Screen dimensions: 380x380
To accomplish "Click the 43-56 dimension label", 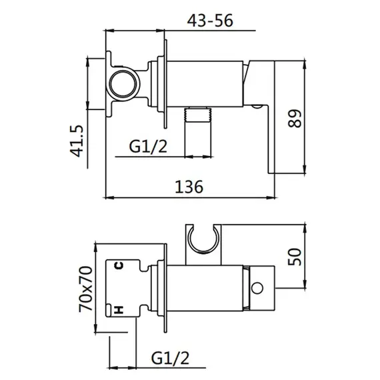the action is (x=210, y=21).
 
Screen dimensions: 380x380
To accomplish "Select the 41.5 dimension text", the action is (x=77, y=141).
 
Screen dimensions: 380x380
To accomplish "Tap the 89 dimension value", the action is (x=295, y=119).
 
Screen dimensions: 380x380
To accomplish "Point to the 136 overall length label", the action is (x=189, y=187).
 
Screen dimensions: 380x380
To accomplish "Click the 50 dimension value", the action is (x=295, y=257).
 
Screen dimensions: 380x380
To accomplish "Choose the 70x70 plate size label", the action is (x=86, y=289).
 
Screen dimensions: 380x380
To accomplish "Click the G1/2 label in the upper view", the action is (x=148, y=147).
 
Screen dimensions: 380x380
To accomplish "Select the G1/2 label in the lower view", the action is (x=170, y=358).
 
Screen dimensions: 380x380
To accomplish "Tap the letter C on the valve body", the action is (x=119, y=265).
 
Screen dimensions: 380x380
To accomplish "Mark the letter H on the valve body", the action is (x=119, y=309).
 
